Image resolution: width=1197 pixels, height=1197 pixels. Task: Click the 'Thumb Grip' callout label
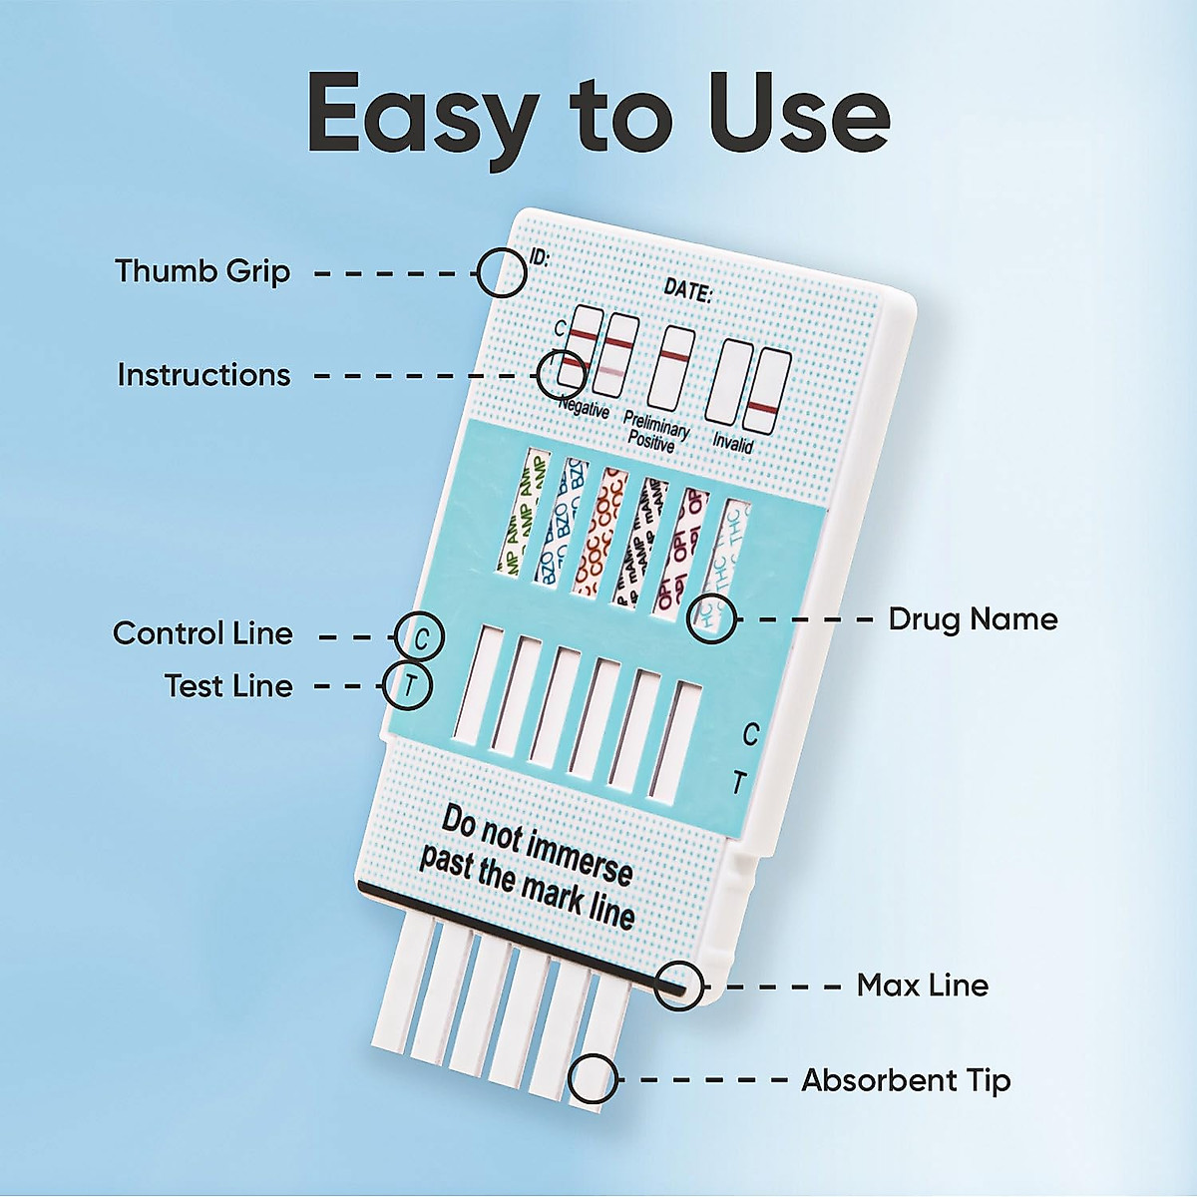coord(202,271)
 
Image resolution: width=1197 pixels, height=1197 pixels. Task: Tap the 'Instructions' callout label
coord(204,375)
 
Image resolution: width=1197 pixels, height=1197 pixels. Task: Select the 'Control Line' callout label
coord(202,633)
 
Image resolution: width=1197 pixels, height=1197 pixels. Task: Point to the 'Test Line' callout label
coord(228,686)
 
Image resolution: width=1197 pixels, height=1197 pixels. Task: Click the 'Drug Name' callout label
coord(973,619)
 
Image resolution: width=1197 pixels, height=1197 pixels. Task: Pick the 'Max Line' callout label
coord(923,986)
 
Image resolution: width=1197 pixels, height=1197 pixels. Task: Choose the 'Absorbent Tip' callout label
coord(906,1080)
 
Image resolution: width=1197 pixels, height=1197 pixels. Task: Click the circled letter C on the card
coord(420,635)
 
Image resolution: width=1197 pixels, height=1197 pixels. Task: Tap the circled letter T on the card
coord(409,686)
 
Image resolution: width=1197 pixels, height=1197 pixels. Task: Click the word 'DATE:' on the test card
coord(687,291)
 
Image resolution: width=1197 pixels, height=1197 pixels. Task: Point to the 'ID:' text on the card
coord(539,257)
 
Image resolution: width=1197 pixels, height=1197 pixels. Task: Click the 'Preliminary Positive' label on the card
coord(654,431)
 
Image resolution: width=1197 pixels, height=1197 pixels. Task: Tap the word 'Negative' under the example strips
coord(584,407)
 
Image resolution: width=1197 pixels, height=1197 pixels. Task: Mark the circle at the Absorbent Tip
coord(594,1078)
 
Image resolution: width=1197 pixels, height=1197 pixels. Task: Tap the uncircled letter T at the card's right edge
coord(738,783)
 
